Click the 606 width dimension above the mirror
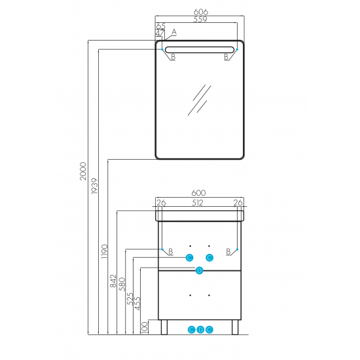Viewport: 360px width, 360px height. [x=201, y=12]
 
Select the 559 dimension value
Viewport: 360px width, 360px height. [x=200, y=19]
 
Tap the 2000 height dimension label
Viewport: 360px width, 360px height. [x=83, y=171]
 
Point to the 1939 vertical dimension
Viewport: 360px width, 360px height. [x=94, y=186]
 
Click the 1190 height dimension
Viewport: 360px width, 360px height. [x=105, y=251]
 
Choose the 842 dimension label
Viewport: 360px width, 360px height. [x=113, y=281]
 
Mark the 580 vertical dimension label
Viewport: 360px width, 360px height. [x=122, y=284]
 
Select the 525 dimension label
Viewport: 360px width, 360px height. [x=130, y=298]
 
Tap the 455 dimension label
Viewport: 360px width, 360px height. [x=137, y=303]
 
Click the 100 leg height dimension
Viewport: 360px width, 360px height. [x=145, y=327]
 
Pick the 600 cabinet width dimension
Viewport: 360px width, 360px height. [x=198, y=193]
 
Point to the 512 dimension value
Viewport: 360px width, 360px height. [x=198, y=203]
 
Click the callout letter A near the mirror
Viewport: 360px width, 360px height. [x=174, y=32]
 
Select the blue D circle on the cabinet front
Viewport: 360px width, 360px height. [x=199, y=270]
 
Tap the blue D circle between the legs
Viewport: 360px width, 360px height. [x=200, y=330]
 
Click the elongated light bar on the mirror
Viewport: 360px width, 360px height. [x=200, y=50]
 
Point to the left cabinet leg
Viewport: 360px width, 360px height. [x=164, y=327]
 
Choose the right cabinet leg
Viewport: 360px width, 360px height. [x=235, y=327]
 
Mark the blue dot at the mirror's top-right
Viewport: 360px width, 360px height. [x=237, y=49]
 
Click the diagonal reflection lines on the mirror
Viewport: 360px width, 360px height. [x=199, y=100]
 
